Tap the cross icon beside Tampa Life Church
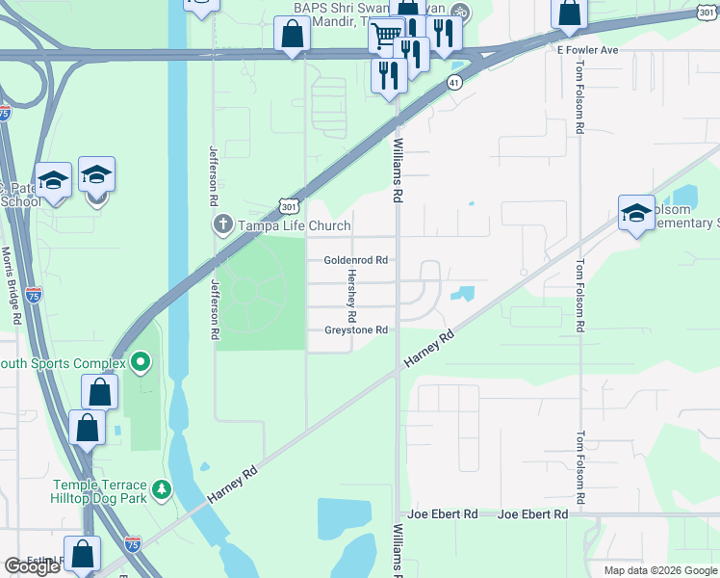point(222,225)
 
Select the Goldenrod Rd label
point(355,260)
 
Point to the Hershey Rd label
point(352,296)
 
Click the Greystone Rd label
point(355,330)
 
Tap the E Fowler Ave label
point(586,49)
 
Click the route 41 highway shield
point(453,84)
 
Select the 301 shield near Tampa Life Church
point(290,206)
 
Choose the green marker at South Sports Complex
point(141,363)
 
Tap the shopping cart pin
point(386,36)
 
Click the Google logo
point(33,566)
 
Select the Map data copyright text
point(660,570)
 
